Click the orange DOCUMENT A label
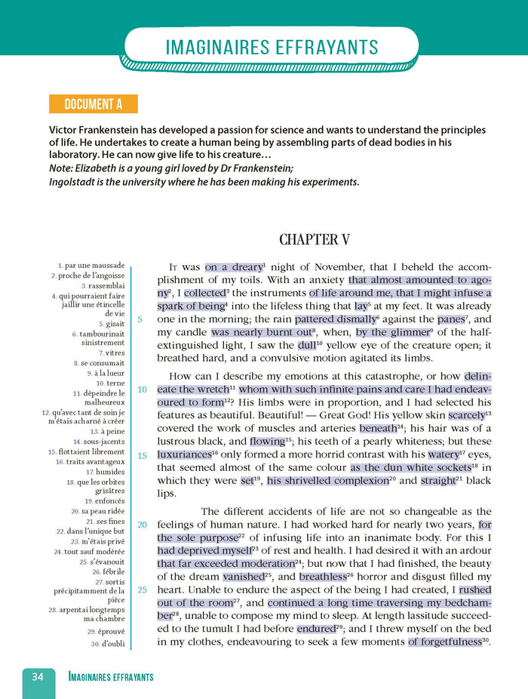coord(92,103)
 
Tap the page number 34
coord(38,676)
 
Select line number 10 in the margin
coord(142,390)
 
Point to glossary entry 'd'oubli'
coord(109,644)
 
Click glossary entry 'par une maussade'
coord(94,266)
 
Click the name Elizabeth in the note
coord(101,168)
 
